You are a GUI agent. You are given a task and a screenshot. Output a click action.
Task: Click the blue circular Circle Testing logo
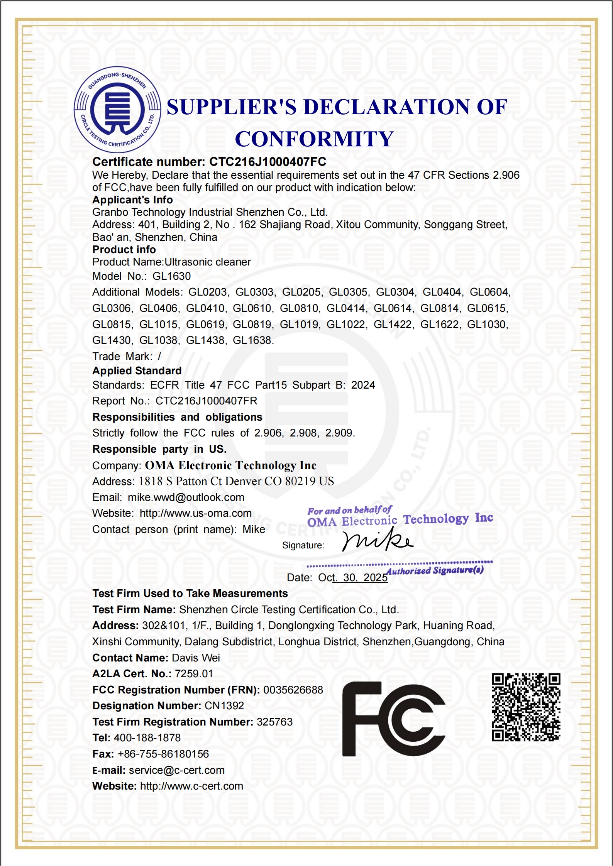pos(117,110)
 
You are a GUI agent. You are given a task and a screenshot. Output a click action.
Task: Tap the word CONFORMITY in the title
pos(314,139)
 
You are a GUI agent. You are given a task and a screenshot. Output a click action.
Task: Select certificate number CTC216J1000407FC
pos(268,162)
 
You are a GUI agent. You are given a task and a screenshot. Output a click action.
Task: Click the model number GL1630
pos(172,276)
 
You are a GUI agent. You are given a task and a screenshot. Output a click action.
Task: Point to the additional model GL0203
pos(208,292)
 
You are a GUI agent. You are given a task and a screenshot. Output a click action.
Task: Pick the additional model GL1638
pos(253,340)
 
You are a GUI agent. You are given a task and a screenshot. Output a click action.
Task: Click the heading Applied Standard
pos(137,371)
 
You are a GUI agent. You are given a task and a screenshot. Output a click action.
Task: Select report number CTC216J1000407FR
pos(206,401)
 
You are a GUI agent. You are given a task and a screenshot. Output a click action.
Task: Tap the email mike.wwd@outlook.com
pos(186,497)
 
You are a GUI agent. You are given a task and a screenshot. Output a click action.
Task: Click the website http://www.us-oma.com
pos(195,513)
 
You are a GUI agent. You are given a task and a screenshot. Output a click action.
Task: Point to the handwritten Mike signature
pos(377,540)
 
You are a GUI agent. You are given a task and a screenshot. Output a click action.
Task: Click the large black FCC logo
pos(393,719)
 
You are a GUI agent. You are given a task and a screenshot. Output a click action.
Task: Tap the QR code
pos(525,707)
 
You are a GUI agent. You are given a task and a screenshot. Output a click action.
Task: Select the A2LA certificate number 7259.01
pos(194,674)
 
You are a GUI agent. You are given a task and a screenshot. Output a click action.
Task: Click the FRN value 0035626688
pos(293,690)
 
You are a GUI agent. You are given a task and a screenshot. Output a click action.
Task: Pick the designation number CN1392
pos(224,706)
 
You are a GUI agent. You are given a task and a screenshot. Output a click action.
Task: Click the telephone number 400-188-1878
pos(147,738)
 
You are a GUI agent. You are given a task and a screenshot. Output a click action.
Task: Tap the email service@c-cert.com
pos(176,770)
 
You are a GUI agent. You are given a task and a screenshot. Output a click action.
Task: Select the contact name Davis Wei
pos(196,658)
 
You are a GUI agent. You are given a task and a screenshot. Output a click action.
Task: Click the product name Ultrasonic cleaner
pos(208,262)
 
